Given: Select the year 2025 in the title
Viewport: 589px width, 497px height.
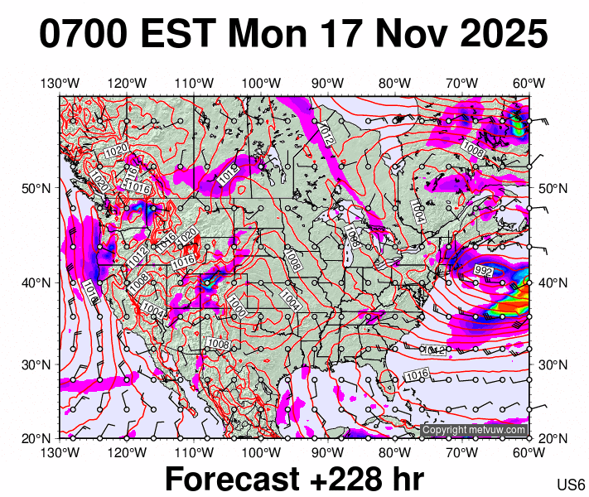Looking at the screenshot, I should pyautogui.click(x=499, y=35).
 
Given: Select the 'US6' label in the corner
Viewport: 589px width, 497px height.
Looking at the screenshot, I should pyautogui.click(x=571, y=485).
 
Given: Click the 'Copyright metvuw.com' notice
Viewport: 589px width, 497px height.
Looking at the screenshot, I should pyautogui.click(x=475, y=430).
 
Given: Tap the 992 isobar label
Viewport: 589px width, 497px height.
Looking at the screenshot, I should pyautogui.click(x=483, y=271).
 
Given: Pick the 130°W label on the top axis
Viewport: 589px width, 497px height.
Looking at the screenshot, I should pyautogui.click(x=60, y=83).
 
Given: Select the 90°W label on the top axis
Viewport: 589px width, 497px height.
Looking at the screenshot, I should pyautogui.click(x=328, y=83).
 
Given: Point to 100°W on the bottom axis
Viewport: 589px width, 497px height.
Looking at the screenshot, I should pyautogui.click(x=261, y=451).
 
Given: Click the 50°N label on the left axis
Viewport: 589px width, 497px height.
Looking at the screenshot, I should pyautogui.click(x=32, y=188).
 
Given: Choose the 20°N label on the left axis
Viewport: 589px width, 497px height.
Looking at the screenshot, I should pyautogui.click(x=32, y=437).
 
